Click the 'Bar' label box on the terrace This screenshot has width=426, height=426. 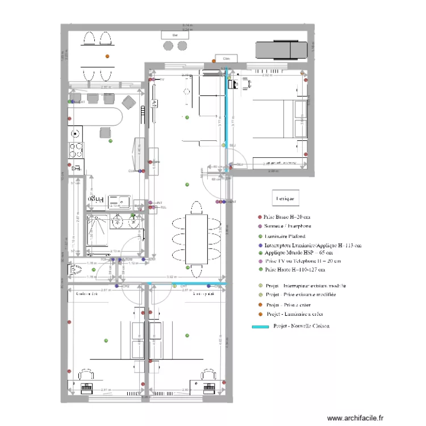(x=176, y=35)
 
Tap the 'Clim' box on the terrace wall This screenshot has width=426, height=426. (x=225, y=59)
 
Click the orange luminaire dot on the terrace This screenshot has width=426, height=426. (x=107, y=56)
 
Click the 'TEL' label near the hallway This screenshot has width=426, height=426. (x=163, y=207)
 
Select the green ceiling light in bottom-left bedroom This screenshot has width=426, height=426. (x=106, y=340)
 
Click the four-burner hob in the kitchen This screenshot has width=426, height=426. (x=76, y=149)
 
